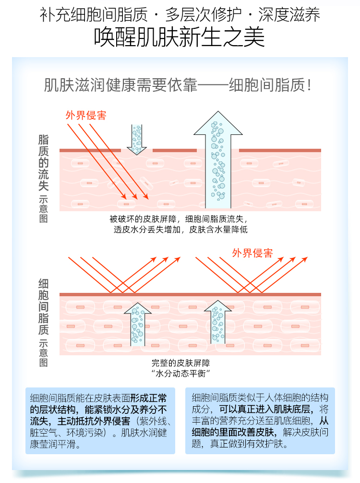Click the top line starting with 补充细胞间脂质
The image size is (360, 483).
point(180,13)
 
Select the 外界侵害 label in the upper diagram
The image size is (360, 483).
point(86,115)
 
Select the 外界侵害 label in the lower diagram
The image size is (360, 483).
point(252,253)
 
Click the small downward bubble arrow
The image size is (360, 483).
point(137,139)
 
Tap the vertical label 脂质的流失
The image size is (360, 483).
point(43,163)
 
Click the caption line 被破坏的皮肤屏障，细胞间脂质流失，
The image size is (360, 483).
point(180,219)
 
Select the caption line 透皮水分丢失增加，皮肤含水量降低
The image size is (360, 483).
point(180,229)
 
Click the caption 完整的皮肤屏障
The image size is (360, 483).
point(180,363)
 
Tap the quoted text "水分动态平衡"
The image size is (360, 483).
point(180,374)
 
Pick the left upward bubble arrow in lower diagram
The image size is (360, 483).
point(137,324)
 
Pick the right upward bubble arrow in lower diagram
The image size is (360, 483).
point(218,322)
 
